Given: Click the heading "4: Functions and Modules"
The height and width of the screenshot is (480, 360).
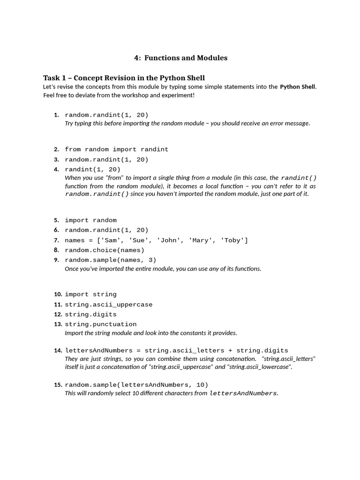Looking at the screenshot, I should pos(180,58).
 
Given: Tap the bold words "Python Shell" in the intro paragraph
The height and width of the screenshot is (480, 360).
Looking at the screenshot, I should pos(298,87).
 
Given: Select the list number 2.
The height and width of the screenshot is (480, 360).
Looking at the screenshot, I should pos(56,150).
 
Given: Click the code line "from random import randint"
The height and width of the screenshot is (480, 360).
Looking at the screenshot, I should pos(116,150).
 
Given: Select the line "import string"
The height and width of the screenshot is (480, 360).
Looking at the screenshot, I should pos(90,294).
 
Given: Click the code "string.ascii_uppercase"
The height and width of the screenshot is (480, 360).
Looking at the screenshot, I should pos(109,305).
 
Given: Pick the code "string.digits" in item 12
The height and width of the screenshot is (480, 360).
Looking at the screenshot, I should pos(90,315).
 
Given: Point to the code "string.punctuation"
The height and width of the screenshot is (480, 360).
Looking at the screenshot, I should pos(101,324).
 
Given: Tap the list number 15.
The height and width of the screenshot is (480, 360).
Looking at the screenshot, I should pos(58,385).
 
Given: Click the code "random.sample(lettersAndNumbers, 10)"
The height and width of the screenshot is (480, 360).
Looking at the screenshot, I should pos(136,385).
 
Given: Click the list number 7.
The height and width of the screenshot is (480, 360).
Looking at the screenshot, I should pos(56,240).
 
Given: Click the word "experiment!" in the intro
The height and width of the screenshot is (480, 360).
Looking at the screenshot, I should pos(178,95).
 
